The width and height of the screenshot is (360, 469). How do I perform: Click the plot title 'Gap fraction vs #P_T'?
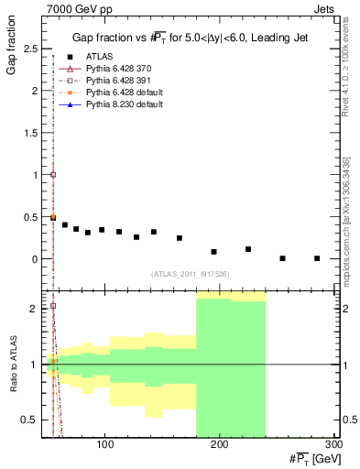click(x=190, y=38)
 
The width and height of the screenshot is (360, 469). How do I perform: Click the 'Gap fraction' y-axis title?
click(x=12, y=50)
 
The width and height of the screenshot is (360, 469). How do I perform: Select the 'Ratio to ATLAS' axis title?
click(x=12, y=365)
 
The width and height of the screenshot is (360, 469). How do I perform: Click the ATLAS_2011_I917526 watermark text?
click(x=191, y=274)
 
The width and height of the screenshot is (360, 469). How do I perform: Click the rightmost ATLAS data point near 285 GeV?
click(x=317, y=258)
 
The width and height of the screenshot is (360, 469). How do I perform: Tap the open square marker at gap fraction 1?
click(x=53, y=174)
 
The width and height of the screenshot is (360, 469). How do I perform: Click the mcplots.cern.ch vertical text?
click(x=352, y=211)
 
